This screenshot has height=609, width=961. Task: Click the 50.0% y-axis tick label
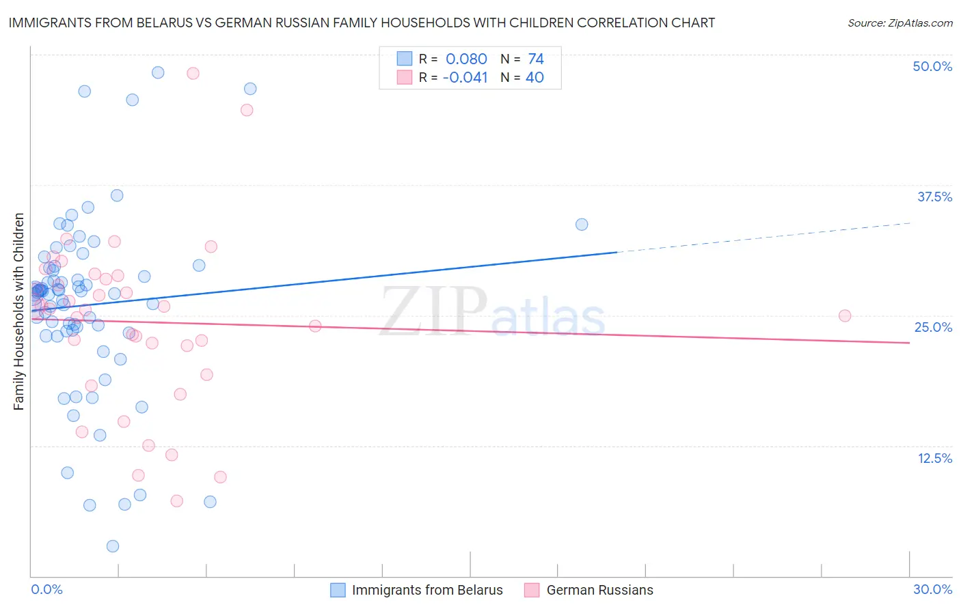click(932, 66)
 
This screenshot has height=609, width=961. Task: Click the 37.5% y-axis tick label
click(934, 197)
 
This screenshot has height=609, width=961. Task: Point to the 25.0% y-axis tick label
click(933, 327)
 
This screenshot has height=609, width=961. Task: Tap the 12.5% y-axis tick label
click(934, 458)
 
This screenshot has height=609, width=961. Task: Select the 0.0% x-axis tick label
click(46, 589)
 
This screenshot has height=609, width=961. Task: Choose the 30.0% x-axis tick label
click(932, 589)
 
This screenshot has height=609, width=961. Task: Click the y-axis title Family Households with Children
click(18, 311)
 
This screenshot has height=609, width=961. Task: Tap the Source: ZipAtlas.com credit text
click(899, 23)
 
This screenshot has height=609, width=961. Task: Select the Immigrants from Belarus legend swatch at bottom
click(338, 590)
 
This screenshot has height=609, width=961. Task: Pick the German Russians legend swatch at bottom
click(532, 590)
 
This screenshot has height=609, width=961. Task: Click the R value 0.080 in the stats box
click(466, 59)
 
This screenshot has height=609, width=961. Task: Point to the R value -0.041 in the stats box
click(465, 78)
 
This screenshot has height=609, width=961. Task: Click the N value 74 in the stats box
click(536, 59)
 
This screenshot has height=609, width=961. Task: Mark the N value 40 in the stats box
click(534, 78)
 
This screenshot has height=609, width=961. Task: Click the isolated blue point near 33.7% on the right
click(582, 225)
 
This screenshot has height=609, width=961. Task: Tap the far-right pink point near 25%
click(845, 316)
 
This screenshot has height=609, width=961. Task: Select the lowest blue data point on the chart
click(113, 546)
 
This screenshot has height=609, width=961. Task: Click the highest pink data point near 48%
click(193, 73)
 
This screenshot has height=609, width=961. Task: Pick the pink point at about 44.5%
click(247, 110)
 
